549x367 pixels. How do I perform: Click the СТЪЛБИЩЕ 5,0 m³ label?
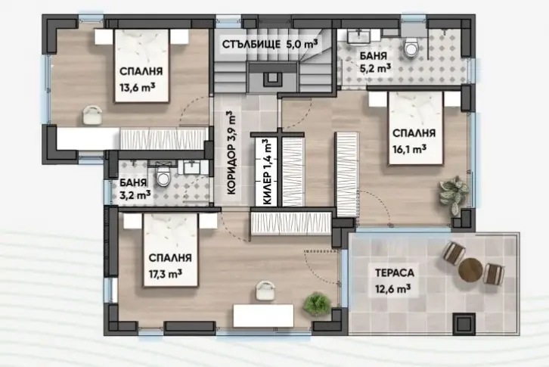pos(270,45)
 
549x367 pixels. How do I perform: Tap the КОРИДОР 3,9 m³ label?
pos(231,153)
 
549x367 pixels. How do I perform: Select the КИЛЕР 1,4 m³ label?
pos(267,172)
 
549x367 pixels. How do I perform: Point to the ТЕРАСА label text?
pos(395,272)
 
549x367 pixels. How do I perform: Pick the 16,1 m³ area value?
pos(409,149)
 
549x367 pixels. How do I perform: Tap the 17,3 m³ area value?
pos(166,273)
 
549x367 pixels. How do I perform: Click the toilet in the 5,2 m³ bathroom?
pos(411,48)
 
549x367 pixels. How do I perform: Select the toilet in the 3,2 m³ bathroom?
pos(163,176)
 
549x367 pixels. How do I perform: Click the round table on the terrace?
pos(470,269)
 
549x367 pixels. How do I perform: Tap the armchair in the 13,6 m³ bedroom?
pos(92,114)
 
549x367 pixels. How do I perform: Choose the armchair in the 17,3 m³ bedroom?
pos(265,291)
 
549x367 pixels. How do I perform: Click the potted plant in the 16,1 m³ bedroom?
pos(454,194)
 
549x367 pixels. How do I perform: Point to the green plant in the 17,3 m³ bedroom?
pos(317,303)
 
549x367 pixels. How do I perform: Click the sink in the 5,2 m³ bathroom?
pos(359,36)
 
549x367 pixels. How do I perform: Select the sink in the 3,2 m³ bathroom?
pos(191,167)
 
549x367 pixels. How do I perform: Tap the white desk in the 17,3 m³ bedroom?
pos(263,316)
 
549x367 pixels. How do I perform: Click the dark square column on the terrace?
pos(464,323)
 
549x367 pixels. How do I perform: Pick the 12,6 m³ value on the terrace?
pos(392,289)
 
